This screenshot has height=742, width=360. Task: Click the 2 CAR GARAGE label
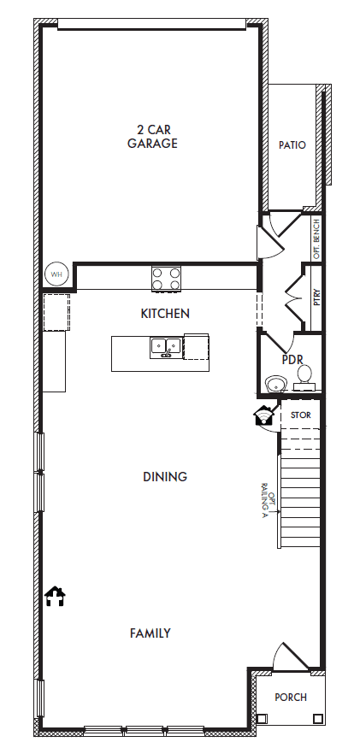click(x=152, y=136)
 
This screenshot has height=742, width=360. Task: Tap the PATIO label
click(x=292, y=145)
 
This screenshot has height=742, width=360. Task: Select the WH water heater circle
click(x=56, y=274)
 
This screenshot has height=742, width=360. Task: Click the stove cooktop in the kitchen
click(x=166, y=279)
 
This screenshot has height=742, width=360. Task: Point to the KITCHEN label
click(x=165, y=313)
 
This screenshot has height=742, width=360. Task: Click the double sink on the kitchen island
click(x=166, y=348)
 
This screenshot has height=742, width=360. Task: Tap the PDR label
click(x=292, y=359)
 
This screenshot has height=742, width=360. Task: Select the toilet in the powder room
click(x=304, y=378)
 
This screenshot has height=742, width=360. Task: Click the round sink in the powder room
click(x=275, y=384)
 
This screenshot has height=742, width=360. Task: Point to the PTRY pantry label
click(x=317, y=297)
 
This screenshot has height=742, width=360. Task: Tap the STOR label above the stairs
click(x=300, y=415)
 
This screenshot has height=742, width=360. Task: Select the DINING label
click(x=165, y=476)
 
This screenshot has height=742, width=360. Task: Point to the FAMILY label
click(x=150, y=633)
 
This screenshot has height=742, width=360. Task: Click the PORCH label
click(x=291, y=697)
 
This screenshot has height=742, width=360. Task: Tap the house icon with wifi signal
click(x=264, y=415)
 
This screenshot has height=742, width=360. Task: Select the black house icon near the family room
click(x=55, y=597)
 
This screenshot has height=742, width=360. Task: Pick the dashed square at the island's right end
click(x=197, y=346)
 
